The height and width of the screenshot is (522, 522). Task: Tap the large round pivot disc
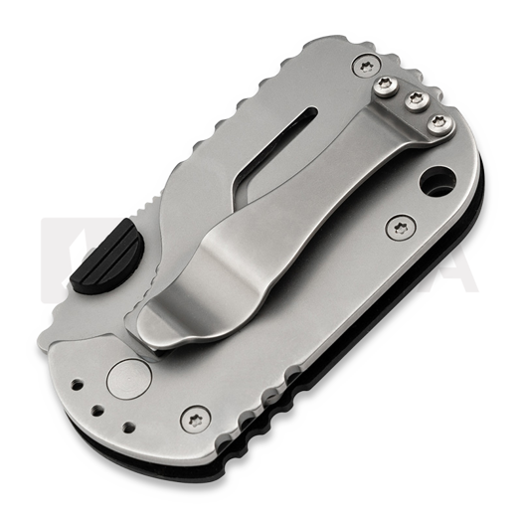click(125, 380)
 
